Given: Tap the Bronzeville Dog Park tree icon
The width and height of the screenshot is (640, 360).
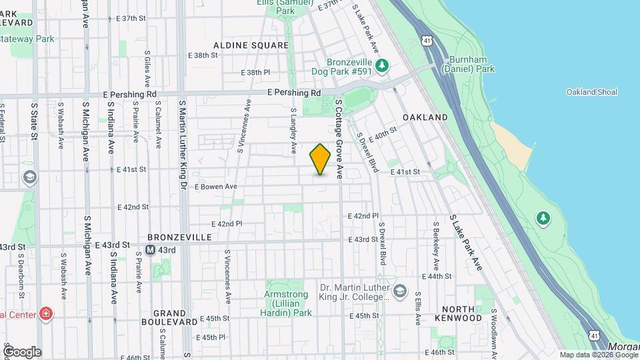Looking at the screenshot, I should (382, 65).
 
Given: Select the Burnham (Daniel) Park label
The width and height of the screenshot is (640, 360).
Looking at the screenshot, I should (472, 63).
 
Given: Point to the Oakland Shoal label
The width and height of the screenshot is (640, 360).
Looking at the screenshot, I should (591, 92).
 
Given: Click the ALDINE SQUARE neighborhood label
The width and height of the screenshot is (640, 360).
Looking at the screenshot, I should (251, 45).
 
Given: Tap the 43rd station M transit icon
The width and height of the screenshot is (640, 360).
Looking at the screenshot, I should (151, 250).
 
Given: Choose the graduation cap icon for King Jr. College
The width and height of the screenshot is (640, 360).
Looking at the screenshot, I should (399, 290).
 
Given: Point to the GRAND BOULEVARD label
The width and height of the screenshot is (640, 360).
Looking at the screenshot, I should (169, 317).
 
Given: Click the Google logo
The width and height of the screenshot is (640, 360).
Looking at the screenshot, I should (22, 351).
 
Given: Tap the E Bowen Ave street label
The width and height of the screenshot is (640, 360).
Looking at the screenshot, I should (215, 187).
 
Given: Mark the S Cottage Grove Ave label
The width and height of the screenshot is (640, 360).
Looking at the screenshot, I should (339, 139).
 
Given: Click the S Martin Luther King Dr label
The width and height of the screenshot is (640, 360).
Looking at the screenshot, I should (182, 144).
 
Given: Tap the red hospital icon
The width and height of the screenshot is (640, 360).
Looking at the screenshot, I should (45, 313).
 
